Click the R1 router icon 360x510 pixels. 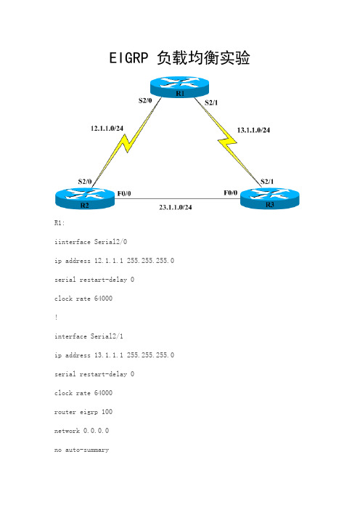[179, 87]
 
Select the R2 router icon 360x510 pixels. [85, 198]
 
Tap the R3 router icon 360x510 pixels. [270, 198]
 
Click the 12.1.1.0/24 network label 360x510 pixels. [107, 129]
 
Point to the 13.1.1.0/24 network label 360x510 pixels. [253, 130]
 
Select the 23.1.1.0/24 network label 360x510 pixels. [176, 207]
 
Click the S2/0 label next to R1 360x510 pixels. [145, 100]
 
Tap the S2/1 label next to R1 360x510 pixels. [211, 102]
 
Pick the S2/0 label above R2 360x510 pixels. [85, 182]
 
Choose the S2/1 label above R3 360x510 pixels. [267, 182]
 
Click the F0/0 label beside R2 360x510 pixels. [124, 194]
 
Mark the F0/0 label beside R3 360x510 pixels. [231, 193]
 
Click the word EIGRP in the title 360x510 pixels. [128, 58]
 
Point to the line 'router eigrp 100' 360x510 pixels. [83, 412]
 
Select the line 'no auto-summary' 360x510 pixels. [81, 450]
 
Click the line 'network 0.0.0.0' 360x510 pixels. [81, 431]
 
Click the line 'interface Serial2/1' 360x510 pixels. [89, 336]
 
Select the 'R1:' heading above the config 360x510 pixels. [60, 223]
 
